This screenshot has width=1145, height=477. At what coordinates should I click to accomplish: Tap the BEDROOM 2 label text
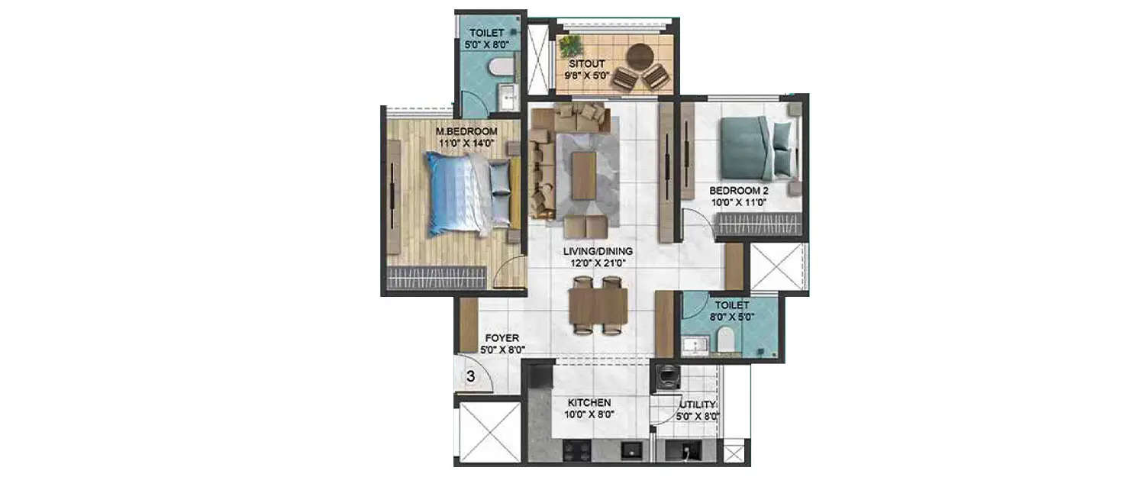pos(737,190)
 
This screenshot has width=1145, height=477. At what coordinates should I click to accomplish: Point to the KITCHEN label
pos(589,402)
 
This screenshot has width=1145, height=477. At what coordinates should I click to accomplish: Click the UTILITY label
pos(696,404)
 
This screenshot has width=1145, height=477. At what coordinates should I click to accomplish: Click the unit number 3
pos(471,376)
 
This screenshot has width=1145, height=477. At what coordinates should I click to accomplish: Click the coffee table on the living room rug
pos(584,174)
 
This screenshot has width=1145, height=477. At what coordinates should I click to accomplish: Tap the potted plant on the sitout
pos(571,44)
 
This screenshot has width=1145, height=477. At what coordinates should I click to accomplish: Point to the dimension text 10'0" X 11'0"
pos(737,203)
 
